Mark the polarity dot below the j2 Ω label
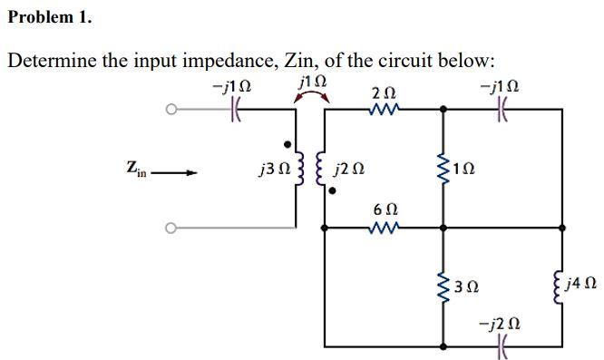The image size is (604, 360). coord(332,191)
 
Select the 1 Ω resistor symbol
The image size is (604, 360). coord(443,168)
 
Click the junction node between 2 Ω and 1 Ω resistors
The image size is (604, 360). coord(443,110)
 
